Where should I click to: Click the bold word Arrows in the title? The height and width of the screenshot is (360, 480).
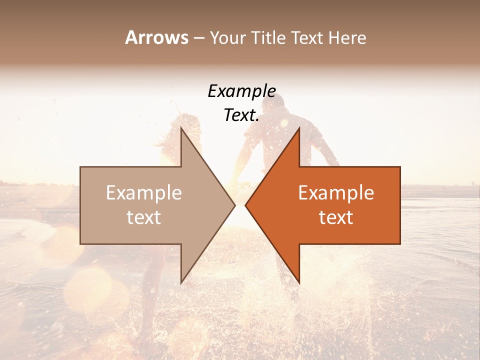click(x=156, y=37)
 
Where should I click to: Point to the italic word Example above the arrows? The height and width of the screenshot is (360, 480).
click(x=241, y=91)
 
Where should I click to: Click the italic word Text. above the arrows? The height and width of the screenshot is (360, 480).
click(x=241, y=115)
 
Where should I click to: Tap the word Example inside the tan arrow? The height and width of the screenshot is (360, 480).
click(x=143, y=193)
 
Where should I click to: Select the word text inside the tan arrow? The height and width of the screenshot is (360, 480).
click(x=143, y=217)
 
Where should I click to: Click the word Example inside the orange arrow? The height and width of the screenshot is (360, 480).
click(x=336, y=193)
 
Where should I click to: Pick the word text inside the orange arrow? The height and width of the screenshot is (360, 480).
click(x=336, y=217)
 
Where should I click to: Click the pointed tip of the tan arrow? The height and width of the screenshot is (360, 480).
click(x=234, y=205)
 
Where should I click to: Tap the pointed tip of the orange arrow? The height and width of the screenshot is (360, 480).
click(x=245, y=205)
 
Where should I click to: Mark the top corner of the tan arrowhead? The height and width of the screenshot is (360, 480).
click(x=181, y=127)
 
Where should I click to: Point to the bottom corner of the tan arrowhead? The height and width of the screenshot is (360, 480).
click(x=181, y=283)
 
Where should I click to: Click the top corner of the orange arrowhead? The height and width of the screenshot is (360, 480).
click(x=299, y=128)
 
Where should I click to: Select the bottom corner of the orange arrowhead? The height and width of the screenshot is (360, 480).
click(x=299, y=283)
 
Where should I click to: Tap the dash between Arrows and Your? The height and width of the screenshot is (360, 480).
click(x=198, y=38)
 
